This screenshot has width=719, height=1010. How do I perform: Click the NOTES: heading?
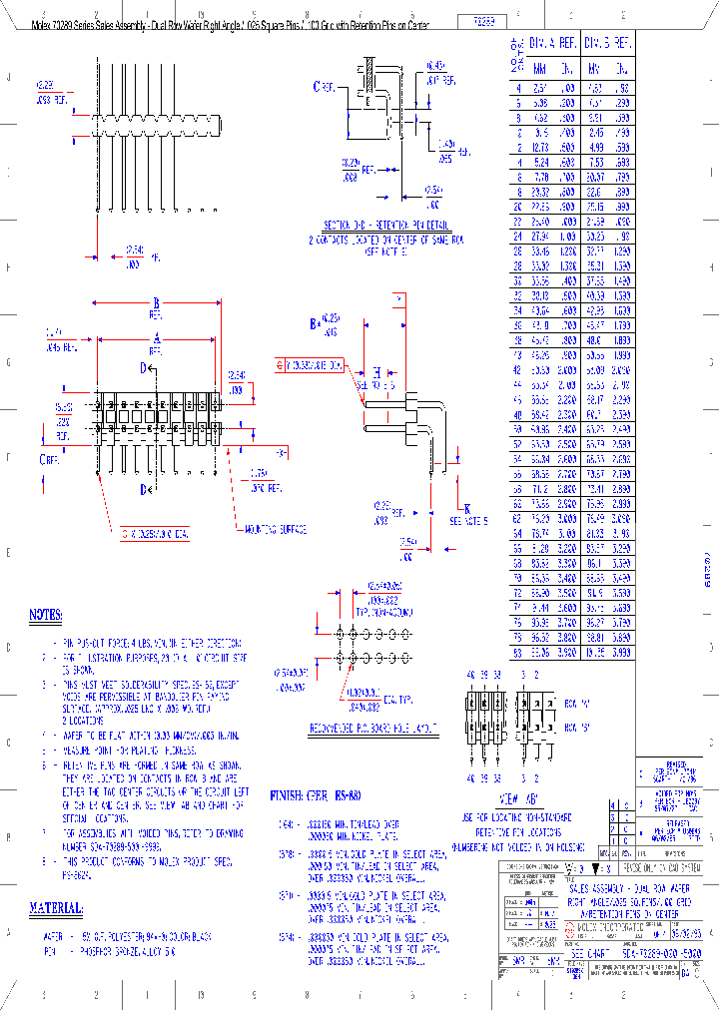point(46,615)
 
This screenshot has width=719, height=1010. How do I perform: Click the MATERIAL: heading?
point(56,908)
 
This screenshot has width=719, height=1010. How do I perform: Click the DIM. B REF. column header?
point(606,44)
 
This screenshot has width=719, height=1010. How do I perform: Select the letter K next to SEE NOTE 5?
point(467,508)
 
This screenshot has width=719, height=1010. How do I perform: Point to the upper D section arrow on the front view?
point(145,368)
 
